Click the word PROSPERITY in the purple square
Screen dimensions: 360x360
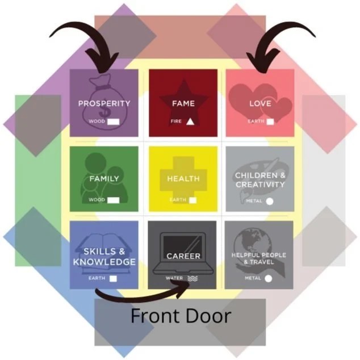104,103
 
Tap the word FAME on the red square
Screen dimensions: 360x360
183,103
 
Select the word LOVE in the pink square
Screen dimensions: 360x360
260,103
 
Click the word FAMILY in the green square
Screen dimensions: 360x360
104,178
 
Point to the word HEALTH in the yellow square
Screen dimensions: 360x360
183,178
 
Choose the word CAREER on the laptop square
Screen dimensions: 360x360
183,256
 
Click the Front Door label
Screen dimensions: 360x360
181,316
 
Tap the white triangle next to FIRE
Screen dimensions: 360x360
190,121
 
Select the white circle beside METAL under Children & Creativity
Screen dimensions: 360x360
269,200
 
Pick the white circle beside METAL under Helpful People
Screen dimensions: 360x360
267,278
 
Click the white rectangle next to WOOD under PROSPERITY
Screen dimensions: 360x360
114,121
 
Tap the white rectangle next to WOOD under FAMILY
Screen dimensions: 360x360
114,200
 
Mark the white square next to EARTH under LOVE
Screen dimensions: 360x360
271,121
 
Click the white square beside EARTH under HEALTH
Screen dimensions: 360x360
192,200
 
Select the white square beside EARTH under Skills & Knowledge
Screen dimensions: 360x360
114,278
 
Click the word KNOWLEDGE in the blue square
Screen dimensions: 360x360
104,262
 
